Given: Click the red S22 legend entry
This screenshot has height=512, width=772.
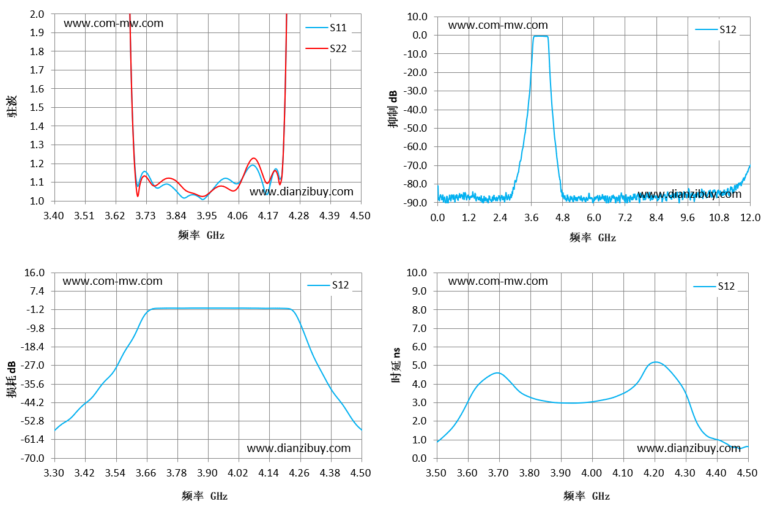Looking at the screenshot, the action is click(x=326, y=48).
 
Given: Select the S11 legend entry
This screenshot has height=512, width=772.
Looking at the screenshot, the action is click(x=326, y=28).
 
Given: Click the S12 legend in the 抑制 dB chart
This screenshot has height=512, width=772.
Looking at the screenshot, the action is click(x=716, y=29).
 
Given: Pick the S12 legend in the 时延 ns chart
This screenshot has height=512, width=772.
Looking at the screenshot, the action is click(x=714, y=286).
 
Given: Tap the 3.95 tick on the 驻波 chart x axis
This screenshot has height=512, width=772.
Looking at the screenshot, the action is click(x=207, y=216).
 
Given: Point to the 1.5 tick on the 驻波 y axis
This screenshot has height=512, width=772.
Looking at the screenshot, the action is click(x=37, y=107).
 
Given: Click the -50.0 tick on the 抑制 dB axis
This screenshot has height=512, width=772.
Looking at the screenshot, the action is click(x=415, y=128).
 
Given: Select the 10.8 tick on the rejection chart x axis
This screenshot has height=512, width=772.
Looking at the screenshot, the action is click(x=719, y=217).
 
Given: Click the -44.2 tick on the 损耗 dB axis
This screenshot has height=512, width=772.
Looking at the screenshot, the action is click(x=33, y=402).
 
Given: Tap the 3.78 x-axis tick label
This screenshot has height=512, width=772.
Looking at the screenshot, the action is click(x=176, y=473).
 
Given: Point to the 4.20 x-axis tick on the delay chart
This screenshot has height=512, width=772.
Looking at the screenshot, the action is click(x=654, y=473).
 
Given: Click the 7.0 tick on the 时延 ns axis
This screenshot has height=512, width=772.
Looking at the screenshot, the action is click(x=420, y=328).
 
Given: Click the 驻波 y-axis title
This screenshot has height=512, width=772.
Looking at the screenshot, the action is click(x=12, y=107).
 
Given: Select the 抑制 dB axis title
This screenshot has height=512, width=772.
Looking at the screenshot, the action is click(x=393, y=109).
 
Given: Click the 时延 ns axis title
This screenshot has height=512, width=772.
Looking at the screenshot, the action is click(x=396, y=365).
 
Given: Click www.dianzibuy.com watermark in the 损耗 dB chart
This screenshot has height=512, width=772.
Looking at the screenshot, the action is click(x=299, y=448).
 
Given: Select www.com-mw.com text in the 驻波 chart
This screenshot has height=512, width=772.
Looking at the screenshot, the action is click(x=113, y=23).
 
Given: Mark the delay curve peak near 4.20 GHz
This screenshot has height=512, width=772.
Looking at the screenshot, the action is click(x=655, y=362).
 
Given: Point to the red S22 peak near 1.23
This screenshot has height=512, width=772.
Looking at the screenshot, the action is click(x=254, y=158).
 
